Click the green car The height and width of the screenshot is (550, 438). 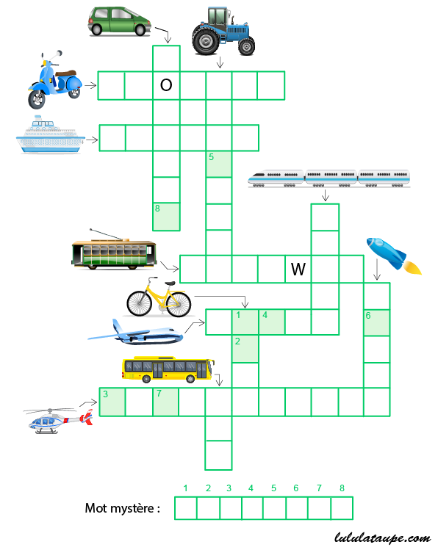tap(120, 21)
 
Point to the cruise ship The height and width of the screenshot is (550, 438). tap(51, 134)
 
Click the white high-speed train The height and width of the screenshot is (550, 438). tap(328, 178)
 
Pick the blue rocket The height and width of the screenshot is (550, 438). tap(393, 256)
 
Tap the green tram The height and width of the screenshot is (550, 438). tap(114, 250)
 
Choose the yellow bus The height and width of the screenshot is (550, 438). tap(168, 369)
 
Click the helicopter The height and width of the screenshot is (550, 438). tap(58, 421)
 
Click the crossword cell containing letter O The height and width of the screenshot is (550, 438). tap(166, 86)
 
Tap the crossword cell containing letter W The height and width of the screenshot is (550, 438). tap(298, 269)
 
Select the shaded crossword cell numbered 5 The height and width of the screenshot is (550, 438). tap(219, 164)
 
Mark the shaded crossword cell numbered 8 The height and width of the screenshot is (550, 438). tap(166, 217)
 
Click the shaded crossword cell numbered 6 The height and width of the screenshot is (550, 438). tap(377, 322)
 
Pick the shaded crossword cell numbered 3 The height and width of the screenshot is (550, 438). tap(112, 402)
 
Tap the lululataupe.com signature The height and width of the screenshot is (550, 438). tap(382, 538)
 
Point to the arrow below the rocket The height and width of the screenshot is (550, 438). tap(377, 269)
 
